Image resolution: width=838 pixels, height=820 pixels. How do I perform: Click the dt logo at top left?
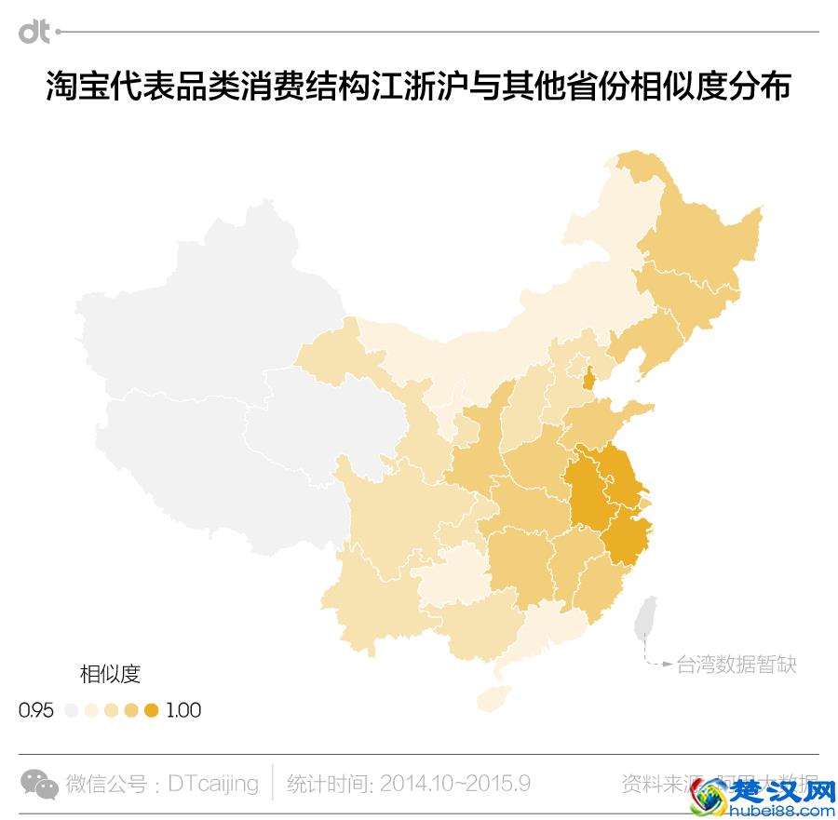click(x=34, y=32)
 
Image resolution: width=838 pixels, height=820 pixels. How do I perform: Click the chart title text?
click(x=419, y=87)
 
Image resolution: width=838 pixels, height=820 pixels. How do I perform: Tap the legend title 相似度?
click(x=109, y=673)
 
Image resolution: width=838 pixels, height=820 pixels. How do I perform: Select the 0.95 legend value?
click(x=36, y=710)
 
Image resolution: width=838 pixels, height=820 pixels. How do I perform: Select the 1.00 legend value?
click(x=183, y=710)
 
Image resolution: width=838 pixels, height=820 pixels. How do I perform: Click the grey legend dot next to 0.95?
click(x=72, y=711)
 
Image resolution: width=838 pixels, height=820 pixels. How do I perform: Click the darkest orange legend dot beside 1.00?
click(x=152, y=711)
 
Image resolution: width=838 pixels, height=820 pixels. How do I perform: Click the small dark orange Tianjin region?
click(x=588, y=378)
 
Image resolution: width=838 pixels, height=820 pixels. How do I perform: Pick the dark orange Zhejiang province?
click(x=626, y=539)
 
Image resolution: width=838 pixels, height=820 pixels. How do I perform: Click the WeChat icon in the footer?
click(x=39, y=784)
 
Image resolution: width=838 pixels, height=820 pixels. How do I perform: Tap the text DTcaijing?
click(x=213, y=784)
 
